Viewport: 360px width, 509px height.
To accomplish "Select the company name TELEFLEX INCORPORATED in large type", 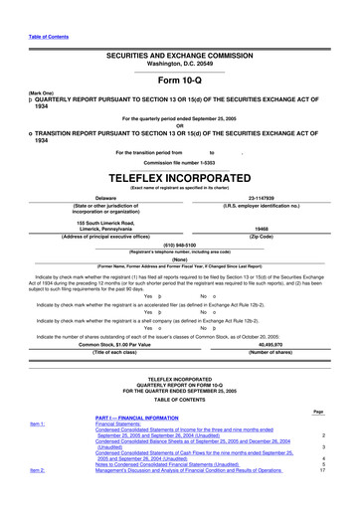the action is click(179, 172).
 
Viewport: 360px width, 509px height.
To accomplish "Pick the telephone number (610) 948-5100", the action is click(179, 245).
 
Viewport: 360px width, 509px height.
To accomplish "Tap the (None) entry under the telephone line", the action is click(180, 259).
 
